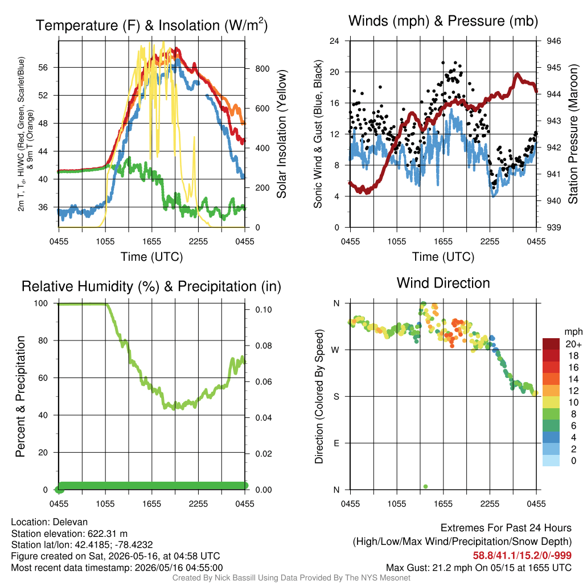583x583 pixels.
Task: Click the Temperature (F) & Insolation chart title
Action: (x=151, y=25)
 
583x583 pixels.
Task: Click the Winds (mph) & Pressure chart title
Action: (x=443, y=21)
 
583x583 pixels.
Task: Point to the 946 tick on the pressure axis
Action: (x=553, y=41)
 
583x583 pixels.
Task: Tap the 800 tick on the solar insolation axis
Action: (x=262, y=69)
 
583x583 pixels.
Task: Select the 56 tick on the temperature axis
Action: (x=43, y=67)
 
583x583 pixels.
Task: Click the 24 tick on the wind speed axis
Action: (x=334, y=41)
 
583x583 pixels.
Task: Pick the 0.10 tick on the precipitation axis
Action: (x=263, y=310)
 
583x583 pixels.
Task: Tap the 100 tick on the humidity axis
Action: (x=41, y=303)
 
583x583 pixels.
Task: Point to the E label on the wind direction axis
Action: (x=336, y=443)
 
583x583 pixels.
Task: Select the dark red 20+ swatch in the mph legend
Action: (x=551, y=344)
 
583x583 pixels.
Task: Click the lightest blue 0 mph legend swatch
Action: (x=551, y=461)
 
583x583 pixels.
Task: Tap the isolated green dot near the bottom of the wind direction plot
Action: (x=426, y=486)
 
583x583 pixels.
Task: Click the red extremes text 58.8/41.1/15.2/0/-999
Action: (x=522, y=556)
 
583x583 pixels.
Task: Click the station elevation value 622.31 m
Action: (x=108, y=533)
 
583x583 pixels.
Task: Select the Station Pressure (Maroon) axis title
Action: (x=573, y=134)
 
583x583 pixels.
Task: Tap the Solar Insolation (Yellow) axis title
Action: (x=282, y=134)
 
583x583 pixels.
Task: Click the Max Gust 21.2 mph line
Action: (x=478, y=568)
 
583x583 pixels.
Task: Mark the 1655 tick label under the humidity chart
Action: (x=151, y=504)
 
